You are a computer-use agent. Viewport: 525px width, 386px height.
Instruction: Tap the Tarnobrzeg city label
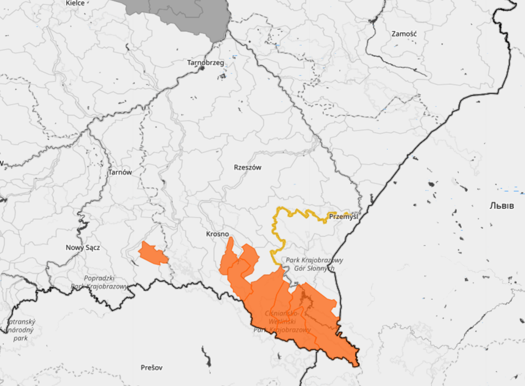pyautogui.click(x=206, y=63)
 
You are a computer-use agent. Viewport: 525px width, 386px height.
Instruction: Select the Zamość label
pyautogui.click(x=404, y=34)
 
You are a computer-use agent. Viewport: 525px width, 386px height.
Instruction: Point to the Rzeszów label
pyautogui.click(x=248, y=167)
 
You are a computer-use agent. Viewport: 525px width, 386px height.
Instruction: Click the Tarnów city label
pyautogui.click(x=120, y=172)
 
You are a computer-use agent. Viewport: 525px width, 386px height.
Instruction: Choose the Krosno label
pyautogui.click(x=217, y=234)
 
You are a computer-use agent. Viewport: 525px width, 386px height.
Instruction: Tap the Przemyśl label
pyautogui.click(x=343, y=217)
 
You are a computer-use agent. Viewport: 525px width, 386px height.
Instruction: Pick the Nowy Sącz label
pyautogui.click(x=83, y=248)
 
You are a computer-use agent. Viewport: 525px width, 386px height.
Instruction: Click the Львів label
pyautogui.click(x=502, y=206)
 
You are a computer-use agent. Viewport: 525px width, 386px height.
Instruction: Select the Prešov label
pyautogui.click(x=152, y=367)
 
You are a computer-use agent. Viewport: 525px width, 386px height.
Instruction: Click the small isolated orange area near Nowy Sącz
pyautogui.click(x=152, y=254)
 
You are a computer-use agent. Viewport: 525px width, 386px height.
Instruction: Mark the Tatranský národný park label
pyautogui.click(x=20, y=330)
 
